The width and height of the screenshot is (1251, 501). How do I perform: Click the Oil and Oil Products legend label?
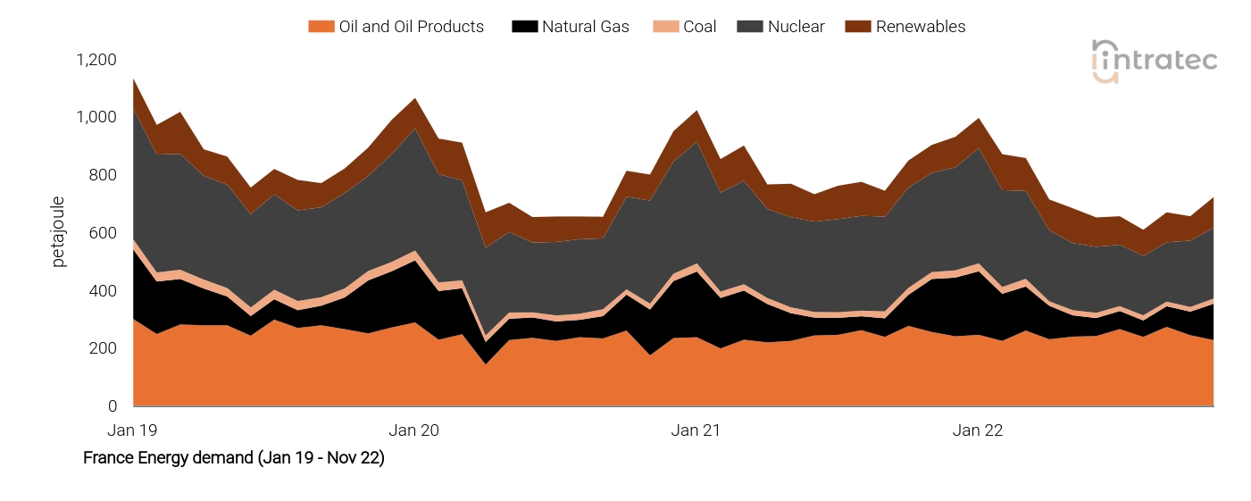[411, 27]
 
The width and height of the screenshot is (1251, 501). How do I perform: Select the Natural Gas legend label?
[585, 27]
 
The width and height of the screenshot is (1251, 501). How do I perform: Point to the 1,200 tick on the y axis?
[96, 60]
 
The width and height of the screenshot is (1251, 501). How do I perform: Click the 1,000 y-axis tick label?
[96, 118]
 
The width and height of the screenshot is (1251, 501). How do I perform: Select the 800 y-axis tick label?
[103, 175]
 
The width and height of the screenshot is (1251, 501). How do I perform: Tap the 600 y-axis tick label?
[103, 233]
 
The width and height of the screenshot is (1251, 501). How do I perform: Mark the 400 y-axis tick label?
[103, 291]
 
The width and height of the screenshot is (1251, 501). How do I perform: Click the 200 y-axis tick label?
[103, 348]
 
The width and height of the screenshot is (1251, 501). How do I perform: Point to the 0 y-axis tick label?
[112, 406]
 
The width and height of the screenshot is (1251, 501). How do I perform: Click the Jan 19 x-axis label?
[132, 430]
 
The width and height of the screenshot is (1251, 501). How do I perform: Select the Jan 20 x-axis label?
[414, 430]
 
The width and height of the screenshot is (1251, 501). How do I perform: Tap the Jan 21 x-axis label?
[696, 430]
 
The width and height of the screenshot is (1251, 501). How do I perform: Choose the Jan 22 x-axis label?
[978, 430]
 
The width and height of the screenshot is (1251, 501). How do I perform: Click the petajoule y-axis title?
[59, 233]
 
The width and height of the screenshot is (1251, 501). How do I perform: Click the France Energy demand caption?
[233, 458]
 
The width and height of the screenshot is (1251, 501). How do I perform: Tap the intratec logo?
[1154, 61]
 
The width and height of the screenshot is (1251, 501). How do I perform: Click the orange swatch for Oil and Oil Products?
[320, 27]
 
